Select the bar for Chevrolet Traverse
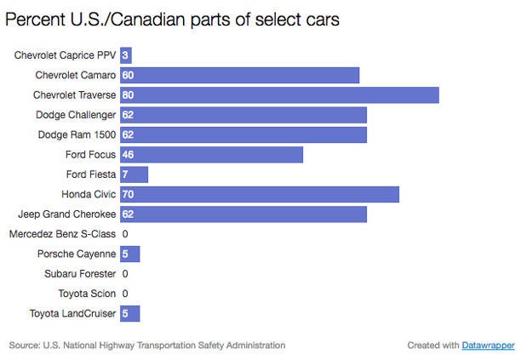point(279,94)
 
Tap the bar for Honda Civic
point(260,194)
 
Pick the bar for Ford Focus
point(211,154)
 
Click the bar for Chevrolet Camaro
point(239,75)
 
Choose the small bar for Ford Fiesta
point(134,174)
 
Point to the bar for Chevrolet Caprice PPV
point(125,55)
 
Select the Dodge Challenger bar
point(243,114)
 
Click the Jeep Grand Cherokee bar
point(243,214)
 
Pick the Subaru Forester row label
point(80,274)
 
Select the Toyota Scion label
point(86,294)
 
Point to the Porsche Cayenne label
point(77,254)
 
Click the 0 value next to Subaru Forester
point(125,274)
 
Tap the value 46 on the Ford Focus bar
point(129,155)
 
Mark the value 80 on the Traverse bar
point(129,95)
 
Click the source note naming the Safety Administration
point(147,346)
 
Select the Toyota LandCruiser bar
point(129,313)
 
